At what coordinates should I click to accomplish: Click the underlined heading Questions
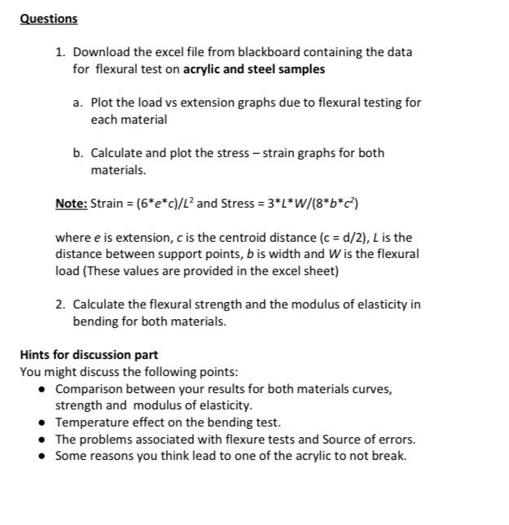(x=49, y=19)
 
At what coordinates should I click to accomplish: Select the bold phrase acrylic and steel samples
(x=254, y=69)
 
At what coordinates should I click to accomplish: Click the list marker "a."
(x=78, y=103)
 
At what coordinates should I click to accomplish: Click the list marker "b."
(x=78, y=153)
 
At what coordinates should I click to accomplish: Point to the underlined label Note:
(x=71, y=203)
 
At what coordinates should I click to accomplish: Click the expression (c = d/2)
(x=348, y=238)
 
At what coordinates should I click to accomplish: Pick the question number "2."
(x=61, y=304)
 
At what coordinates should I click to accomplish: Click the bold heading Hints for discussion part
(x=89, y=355)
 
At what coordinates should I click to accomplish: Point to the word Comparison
(x=88, y=389)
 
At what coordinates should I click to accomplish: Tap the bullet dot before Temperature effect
(x=42, y=422)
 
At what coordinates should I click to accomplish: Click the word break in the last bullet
(x=389, y=456)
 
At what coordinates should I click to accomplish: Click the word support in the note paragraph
(x=165, y=254)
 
